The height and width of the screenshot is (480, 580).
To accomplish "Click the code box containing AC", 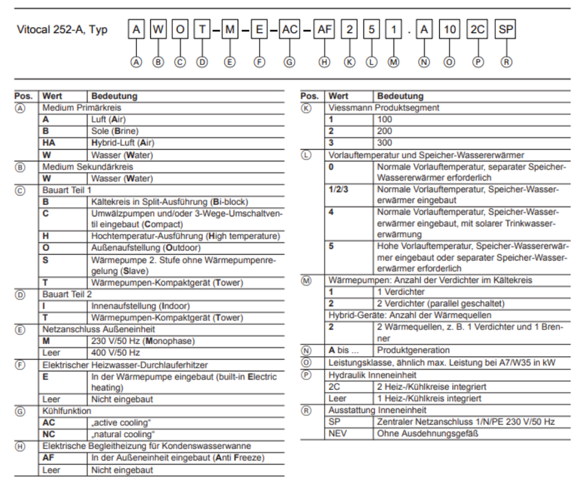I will pos(289,29).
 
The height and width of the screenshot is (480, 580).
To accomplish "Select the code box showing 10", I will pos(449,29).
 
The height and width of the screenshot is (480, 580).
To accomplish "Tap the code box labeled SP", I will pos(506,29).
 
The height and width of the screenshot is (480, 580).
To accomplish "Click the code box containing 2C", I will pos(478,29).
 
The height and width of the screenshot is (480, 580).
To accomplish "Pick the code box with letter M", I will pos(230,29).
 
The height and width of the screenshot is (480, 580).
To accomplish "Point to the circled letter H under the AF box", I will pos(324,62).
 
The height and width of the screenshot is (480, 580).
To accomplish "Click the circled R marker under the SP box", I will pos(506,62).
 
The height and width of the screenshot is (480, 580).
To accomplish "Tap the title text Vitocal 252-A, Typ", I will pos(62,30).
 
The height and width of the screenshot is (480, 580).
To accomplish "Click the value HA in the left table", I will pos(49,143).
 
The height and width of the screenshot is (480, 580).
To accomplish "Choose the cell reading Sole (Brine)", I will pos(115,131).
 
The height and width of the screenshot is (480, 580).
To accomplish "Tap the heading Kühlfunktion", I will pos(67,411).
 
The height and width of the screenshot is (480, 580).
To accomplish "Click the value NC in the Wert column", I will pos(49,434).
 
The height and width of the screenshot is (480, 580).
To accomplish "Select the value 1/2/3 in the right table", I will pos(340,190).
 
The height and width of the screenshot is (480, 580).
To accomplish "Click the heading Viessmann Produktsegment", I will pos(384,108).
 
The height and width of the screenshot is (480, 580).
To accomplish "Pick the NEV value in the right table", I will pos(339,434).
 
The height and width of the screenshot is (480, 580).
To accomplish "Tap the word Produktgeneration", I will pos(413,350).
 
